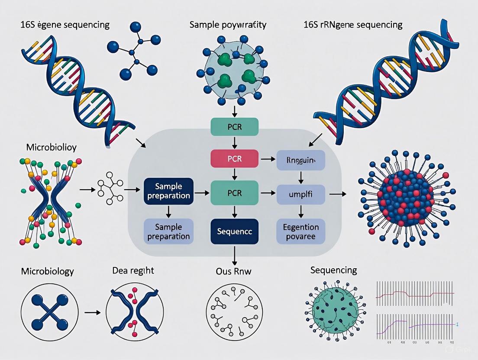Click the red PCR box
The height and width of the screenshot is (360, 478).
(x=234, y=159)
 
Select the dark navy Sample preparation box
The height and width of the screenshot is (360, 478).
(x=168, y=191)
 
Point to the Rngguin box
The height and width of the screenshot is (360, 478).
(x=300, y=159)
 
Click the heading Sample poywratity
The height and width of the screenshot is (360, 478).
(x=228, y=25)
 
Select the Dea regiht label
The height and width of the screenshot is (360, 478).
(x=132, y=271)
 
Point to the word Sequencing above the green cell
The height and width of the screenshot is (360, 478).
(x=333, y=270)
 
